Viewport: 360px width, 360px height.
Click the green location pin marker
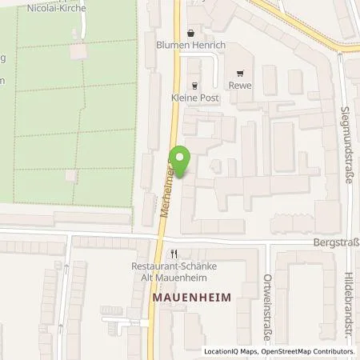[182, 160]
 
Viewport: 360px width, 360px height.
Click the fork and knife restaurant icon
[183, 254]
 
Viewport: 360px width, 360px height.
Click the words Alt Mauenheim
[186, 278]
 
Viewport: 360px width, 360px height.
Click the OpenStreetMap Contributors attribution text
[310, 352]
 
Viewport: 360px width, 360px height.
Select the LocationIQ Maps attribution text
[232, 352]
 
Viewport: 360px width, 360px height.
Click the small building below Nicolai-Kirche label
[78, 51]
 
